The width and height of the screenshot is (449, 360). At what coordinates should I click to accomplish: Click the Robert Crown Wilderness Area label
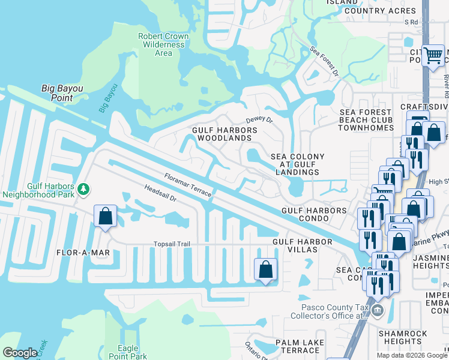point(163,44)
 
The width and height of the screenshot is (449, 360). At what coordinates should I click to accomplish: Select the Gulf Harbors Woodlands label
point(224,134)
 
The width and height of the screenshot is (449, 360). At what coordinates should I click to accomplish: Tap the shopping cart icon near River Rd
point(433,56)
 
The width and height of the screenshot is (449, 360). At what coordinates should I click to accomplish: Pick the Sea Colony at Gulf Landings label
point(298,164)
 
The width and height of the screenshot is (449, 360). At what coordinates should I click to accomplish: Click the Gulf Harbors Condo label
point(315,214)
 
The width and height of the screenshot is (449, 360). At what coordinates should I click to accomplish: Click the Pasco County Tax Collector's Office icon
point(377,310)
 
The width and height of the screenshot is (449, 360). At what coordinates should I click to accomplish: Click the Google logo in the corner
point(20,353)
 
